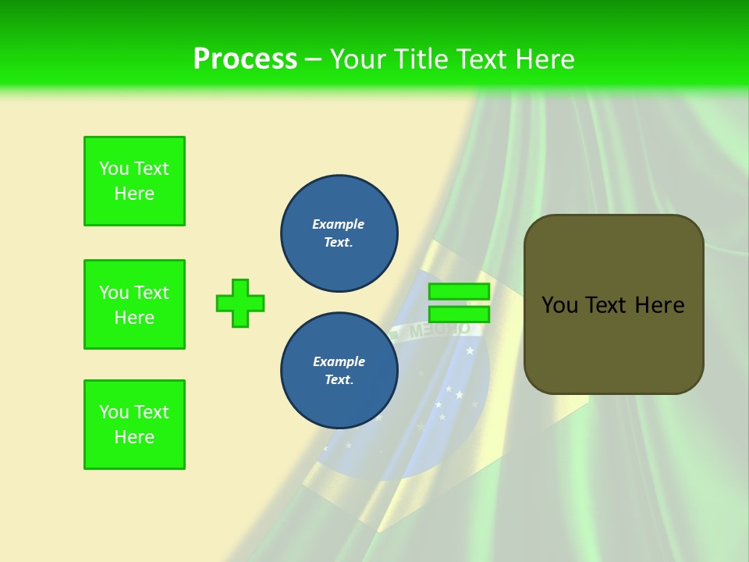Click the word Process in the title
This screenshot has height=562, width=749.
click(245, 59)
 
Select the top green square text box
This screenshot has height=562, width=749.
click(134, 181)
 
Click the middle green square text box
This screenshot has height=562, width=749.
click(134, 304)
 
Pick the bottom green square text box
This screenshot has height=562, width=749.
click(134, 425)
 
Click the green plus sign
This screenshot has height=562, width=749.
click(240, 303)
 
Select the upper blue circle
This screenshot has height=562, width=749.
click(339, 233)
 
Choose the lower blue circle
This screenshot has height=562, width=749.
click(339, 371)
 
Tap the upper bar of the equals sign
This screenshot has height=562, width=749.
click(459, 291)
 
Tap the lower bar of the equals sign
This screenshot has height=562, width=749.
click(459, 315)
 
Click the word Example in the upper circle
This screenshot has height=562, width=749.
click(338, 224)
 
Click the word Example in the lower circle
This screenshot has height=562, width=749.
click(339, 361)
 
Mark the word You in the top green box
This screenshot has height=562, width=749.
click(113, 169)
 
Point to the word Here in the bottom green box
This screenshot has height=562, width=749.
click(134, 437)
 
